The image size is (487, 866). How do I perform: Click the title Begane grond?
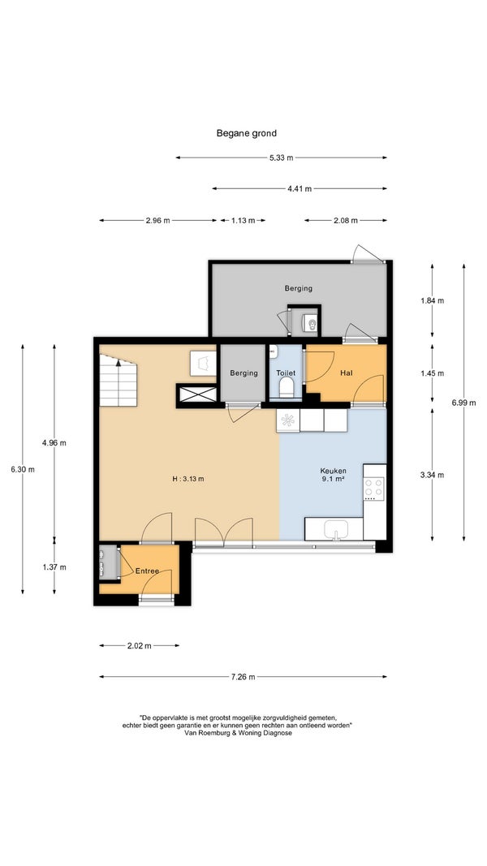[x=246, y=133]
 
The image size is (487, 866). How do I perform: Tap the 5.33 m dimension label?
[x=282, y=157]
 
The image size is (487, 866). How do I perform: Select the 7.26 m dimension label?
[x=243, y=677]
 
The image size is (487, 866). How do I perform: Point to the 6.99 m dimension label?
[x=463, y=403]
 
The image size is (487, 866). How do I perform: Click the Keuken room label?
[x=334, y=471]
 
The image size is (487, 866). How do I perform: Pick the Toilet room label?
[x=286, y=373]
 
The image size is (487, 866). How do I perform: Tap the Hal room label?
[x=347, y=373]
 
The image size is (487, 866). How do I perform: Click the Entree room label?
[x=147, y=571]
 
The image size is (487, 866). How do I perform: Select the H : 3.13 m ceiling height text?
[x=188, y=479]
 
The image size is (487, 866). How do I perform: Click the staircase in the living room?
[x=118, y=381]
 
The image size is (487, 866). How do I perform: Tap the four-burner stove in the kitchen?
[x=374, y=489]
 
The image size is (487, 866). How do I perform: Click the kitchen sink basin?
[x=336, y=528]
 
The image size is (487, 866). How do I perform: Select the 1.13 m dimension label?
[x=243, y=221]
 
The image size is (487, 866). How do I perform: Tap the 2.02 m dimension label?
[x=139, y=645]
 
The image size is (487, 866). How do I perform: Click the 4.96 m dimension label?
[x=54, y=442]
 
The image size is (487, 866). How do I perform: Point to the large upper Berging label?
[x=298, y=288]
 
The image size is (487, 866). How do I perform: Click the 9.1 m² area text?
[x=334, y=479]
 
